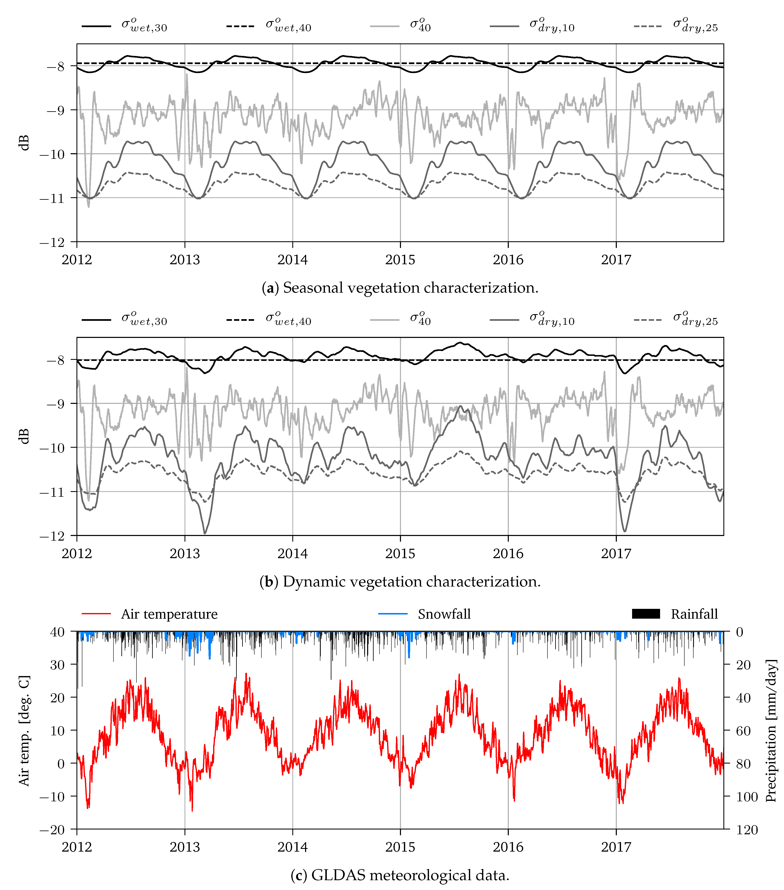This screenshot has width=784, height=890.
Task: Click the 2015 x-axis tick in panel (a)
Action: coord(400,260)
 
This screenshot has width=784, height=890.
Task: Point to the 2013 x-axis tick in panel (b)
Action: coord(184,554)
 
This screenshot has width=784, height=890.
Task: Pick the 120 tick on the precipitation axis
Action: coord(747,830)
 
